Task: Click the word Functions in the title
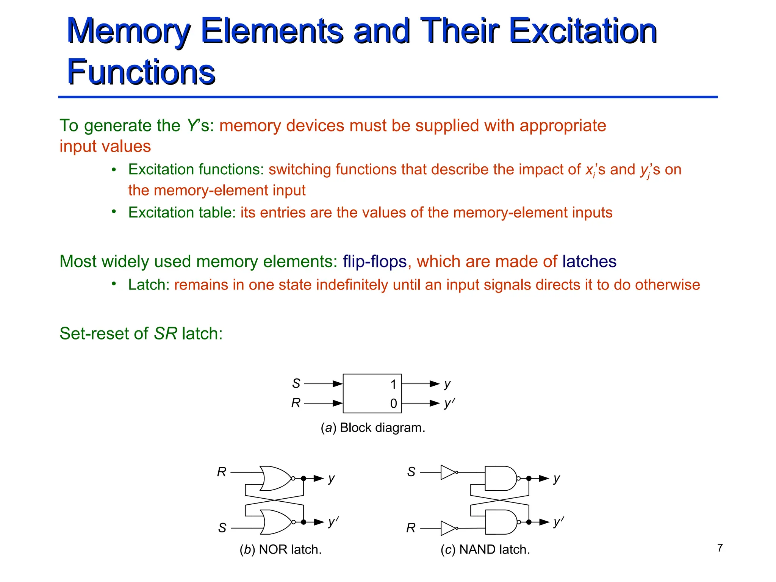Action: point(141,72)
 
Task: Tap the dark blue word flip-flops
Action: point(375,261)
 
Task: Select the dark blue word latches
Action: point(589,261)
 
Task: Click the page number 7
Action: point(720,548)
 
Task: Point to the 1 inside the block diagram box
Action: point(393,385)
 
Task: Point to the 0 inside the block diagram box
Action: point(393,404)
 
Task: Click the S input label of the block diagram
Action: point(296,384)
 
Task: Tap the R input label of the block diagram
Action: point(296,403)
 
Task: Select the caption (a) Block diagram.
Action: point(373,428)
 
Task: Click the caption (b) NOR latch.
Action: point(280,549)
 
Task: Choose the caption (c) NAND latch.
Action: point(485,549)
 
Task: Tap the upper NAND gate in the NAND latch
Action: point(501,478)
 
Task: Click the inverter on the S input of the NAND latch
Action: point(448,472)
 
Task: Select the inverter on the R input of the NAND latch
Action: point(448,528)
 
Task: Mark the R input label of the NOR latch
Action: point(222,472)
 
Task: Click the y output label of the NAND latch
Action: point(556,478)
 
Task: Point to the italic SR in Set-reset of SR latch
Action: point(166,334)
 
